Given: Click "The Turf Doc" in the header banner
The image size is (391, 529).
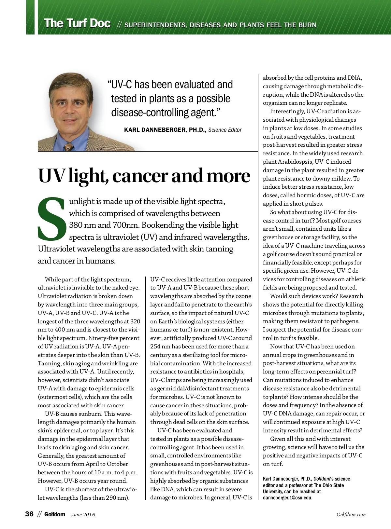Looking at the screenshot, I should tap(77, 24).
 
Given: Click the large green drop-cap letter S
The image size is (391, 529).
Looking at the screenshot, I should tap(52, 218).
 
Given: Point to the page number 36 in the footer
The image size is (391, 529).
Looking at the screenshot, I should tap(29, 514).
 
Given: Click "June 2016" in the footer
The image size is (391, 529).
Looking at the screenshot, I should tap(83, 514).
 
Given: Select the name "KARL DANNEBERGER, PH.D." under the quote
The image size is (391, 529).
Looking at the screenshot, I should tap(165, 130).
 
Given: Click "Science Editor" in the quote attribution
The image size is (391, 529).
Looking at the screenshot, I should tap(225, 130).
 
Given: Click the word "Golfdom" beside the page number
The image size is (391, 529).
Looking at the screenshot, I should tap(55, 514).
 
